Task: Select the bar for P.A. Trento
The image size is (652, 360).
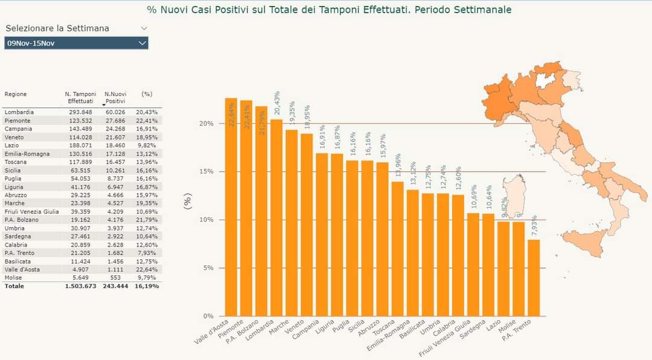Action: click(x=534, y=278)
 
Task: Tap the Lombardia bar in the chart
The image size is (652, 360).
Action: click(x=276, y=217)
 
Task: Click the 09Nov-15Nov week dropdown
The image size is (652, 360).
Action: click(x=76, y=43)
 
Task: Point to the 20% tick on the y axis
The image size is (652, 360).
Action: click(x=207, y=123)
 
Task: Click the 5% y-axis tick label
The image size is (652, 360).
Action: click(x=208, y=268)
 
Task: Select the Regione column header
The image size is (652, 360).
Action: click(x=16, y=94)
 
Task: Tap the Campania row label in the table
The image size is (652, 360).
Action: click(x=18, y=129)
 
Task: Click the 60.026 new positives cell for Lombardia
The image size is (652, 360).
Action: click(x=115, y=112)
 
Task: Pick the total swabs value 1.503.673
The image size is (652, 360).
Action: click(x=80, y=286)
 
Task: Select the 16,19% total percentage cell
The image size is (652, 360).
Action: click(x=147, y=286)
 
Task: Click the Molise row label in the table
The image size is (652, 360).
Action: click(x=13, y=277)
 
